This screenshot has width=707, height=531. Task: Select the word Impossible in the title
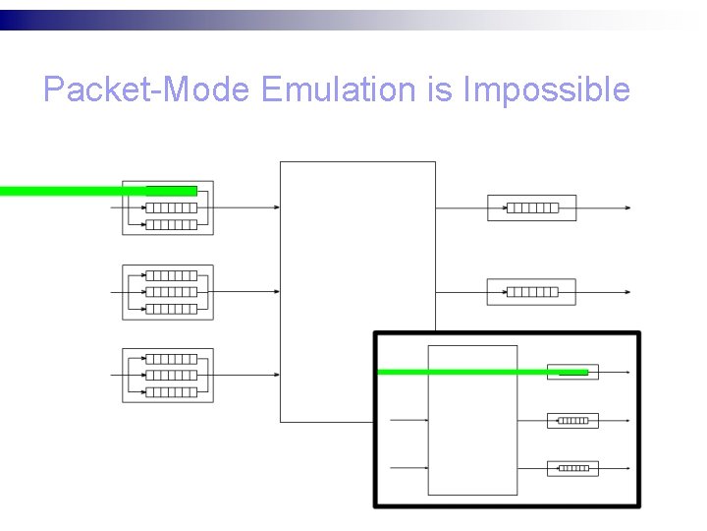(546, 90)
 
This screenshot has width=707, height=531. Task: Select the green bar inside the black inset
(481, 373)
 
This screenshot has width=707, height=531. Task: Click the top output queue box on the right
(531, 207)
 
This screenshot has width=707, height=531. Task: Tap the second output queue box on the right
(531, 292)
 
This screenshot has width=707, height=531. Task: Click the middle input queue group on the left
(168, 292)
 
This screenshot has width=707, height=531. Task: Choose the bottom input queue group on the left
(168, 375)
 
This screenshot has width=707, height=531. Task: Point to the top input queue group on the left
(168, 207)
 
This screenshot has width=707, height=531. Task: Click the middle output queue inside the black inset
(571, 420)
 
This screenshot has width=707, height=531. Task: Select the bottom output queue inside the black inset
(571, 468)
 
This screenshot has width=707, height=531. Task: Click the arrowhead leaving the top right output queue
(626, 207)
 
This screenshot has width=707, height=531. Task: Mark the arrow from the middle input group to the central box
(245, 292)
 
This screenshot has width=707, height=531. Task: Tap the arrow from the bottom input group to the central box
(245, 375)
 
